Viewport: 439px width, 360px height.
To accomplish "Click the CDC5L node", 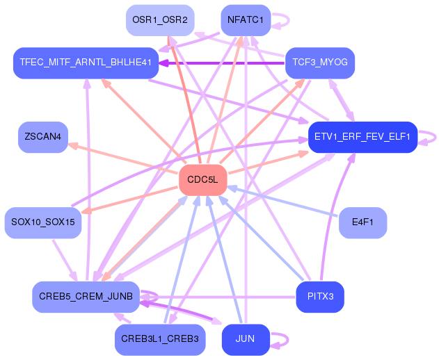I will [202, 180].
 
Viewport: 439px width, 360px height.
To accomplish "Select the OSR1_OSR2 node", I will [159, 19].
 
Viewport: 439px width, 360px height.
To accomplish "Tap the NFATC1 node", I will [245, 19].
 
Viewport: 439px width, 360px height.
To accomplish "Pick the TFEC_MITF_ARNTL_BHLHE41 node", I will [86, 63].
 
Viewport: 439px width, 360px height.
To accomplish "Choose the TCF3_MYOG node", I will [320, 63].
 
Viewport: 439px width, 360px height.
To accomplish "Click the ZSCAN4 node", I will [42, 137].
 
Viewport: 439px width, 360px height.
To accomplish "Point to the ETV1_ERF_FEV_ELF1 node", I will [362, 136].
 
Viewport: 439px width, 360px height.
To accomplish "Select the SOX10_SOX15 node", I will [42, 222].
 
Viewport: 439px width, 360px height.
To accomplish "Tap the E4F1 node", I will [362, 222].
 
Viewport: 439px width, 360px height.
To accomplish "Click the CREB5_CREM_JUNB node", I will [86, 297].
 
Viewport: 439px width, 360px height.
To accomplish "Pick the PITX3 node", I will [320, 297].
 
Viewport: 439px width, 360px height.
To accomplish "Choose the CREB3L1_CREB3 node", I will [159, 339].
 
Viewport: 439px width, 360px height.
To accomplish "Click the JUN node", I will [245, 339].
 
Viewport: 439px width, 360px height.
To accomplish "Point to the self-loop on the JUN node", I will [281, 339].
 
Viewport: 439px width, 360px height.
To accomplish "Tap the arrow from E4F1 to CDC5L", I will [285, 202].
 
